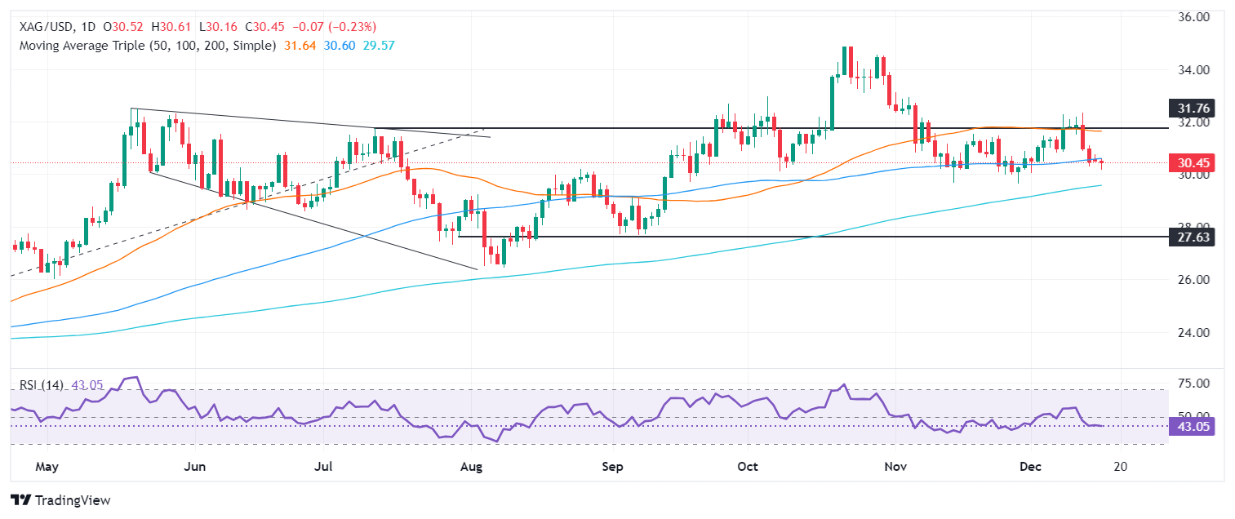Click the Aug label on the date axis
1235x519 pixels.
pos(472,467)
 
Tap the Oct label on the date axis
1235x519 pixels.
pos(748,467)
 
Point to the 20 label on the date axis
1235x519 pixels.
pos(1120,467)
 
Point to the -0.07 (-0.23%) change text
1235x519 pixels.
pos(338,28)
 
